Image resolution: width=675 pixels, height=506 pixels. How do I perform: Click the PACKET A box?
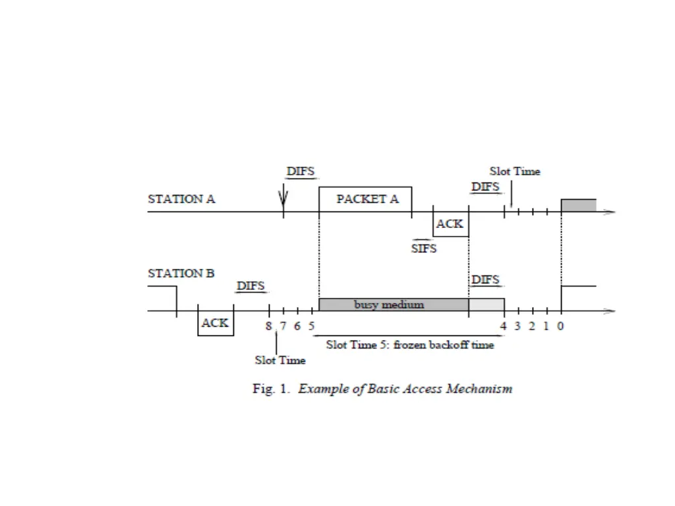[365, 199]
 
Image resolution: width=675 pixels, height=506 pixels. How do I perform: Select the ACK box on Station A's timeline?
[450, 224]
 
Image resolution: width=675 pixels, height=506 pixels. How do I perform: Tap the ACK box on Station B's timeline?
[216, 323]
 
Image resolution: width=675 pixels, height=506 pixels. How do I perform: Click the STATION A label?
[181, 199]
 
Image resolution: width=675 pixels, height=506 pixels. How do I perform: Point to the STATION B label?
[181, 273]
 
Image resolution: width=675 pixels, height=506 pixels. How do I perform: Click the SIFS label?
[424, 249]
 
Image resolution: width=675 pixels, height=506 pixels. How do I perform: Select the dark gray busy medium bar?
[393, 304]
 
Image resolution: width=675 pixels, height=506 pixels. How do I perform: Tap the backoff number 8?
[269, 325]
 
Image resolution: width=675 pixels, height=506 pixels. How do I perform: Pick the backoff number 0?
[560, 325]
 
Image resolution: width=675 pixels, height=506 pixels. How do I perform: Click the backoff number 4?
[503, 325]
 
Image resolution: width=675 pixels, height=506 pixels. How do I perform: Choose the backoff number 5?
[312, 325]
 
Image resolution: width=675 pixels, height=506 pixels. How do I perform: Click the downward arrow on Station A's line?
[283, 196]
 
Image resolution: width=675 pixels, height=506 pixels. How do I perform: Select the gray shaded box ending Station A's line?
[578, 205]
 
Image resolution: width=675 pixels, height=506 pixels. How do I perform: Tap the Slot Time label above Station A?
[515, 171]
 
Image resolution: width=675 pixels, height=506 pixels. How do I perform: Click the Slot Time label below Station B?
[280, 360]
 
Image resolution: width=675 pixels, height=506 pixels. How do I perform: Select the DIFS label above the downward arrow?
[301, 171]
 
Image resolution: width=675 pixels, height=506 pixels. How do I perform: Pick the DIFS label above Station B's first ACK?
[250, 286]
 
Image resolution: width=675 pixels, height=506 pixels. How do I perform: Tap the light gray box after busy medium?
[486, 304]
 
